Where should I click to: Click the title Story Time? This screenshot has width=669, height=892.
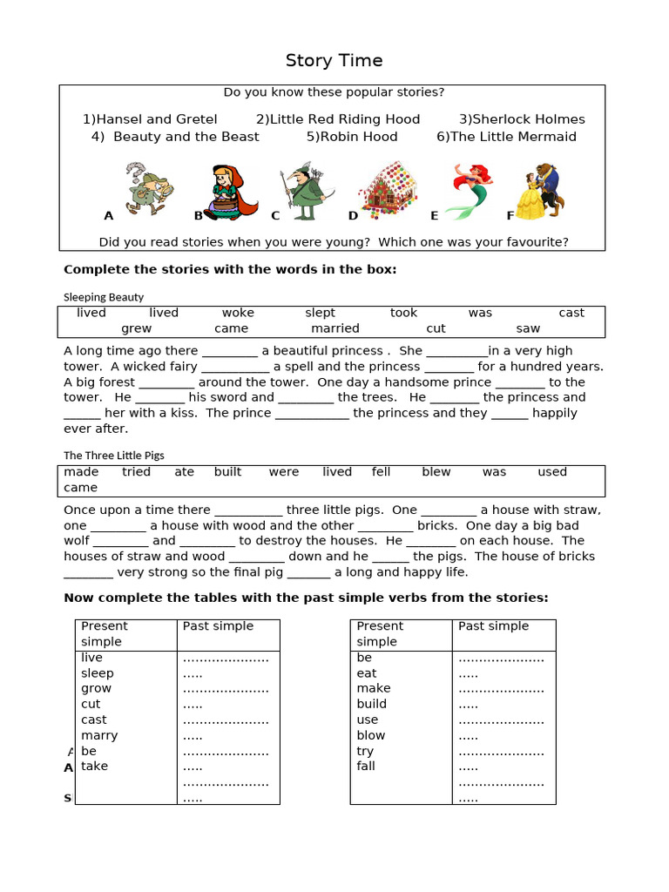[334, 61]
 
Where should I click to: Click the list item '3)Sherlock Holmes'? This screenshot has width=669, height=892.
[522, 119]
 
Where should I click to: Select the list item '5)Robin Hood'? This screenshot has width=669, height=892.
[352, 137]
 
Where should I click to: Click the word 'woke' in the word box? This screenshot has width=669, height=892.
[238, 313]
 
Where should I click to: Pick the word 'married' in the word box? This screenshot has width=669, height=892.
[335, 328]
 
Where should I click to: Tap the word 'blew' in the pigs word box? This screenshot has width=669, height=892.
[436, 472]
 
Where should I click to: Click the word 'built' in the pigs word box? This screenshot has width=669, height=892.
[228, 472]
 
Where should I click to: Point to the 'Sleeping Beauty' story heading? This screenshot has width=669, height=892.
[104, 297]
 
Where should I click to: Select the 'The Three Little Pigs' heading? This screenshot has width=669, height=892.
[114, 456]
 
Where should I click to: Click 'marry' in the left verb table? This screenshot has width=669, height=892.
[99, 735]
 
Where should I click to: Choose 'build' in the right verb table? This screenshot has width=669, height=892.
[372, 704]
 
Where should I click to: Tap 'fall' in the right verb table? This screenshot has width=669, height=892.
[366, 767]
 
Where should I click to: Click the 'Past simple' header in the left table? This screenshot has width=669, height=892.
[218, 626]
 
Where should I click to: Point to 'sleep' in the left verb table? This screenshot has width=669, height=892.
[98, 673]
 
